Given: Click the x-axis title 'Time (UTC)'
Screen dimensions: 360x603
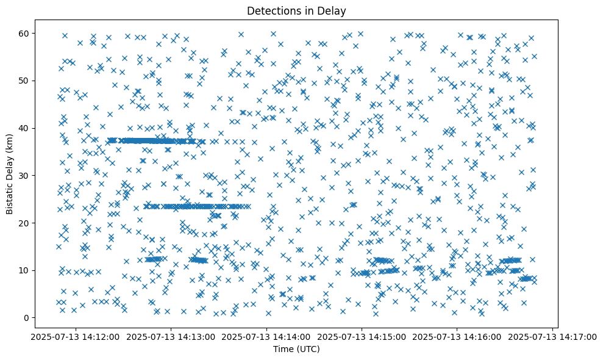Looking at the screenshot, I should (296, 349).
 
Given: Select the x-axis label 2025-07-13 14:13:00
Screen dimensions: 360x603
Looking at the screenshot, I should (171, 336).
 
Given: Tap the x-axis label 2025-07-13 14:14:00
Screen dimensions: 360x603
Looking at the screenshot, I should (266, 336).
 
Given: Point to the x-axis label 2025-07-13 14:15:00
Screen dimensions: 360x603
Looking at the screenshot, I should (362, 336).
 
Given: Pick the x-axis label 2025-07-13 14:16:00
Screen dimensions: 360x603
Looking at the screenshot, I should (457, 336).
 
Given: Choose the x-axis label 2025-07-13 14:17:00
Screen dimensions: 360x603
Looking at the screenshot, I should (552, 336).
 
